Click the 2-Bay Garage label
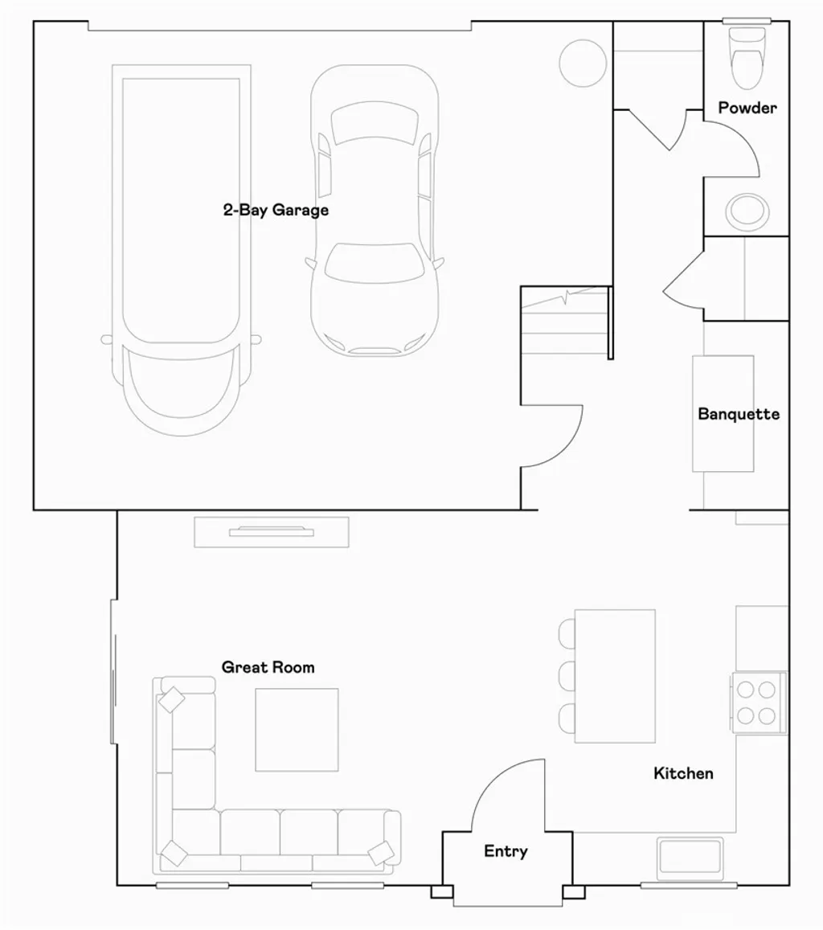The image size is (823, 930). (x=276, y=211)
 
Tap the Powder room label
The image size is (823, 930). (x=747, y=108)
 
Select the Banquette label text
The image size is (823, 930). (x=738, y=415)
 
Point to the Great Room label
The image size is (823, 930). (x=268, y=667)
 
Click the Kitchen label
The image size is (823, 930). (x=683, y=773)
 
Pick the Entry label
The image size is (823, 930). (x=506, y=851)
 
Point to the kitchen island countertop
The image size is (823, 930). (x=616, y=676)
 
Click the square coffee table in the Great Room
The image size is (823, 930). (x=297, y=730)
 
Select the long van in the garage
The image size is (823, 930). (x=181, y=249)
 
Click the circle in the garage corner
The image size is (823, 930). (x=582, y=63)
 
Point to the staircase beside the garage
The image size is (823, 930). (x=564, y=322)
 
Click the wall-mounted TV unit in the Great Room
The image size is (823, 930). (x=271, y=531)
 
